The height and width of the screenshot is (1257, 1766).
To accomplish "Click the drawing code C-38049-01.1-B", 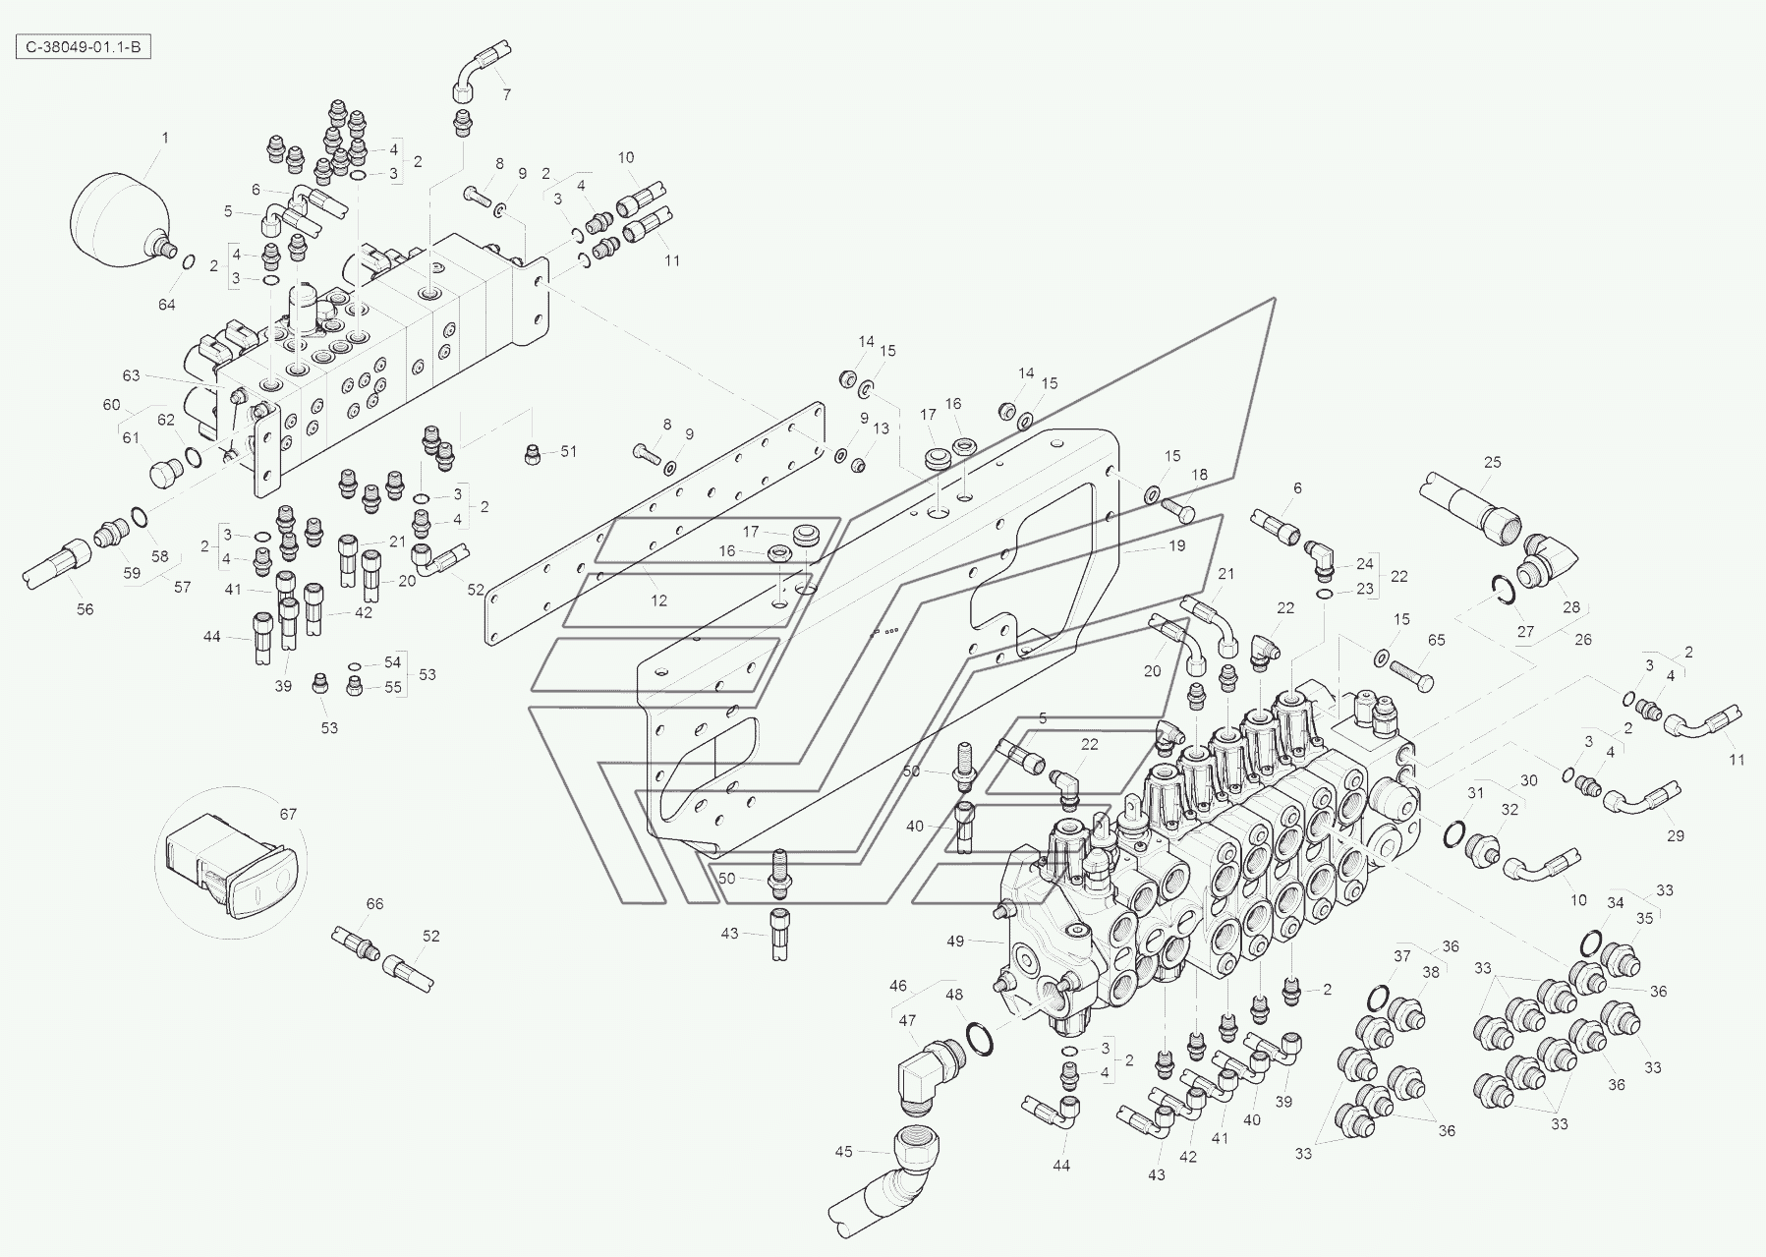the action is tap(85, 47).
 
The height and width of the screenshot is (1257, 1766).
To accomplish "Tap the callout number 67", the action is tap(288, 814).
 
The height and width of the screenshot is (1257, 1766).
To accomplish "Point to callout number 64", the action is tap(167, 305).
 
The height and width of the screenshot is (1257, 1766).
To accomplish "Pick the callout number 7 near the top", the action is tap(507, 95).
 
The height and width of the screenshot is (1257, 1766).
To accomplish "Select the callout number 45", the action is tap(844, 1151).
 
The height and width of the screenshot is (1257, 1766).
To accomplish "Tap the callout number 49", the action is tap(955, 941).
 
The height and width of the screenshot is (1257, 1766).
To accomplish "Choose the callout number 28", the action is tap(1571, 607).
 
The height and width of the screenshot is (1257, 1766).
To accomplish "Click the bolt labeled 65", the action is tap(1411, 672).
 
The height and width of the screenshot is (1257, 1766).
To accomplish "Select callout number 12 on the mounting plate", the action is tap(658, 600).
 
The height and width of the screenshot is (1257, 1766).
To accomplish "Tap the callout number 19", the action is tap(1177, 545).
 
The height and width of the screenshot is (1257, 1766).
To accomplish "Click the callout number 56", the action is tap(85, 609).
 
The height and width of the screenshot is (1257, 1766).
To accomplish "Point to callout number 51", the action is tap(569, 452).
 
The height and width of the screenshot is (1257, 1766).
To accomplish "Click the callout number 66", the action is tap(374, 904).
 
